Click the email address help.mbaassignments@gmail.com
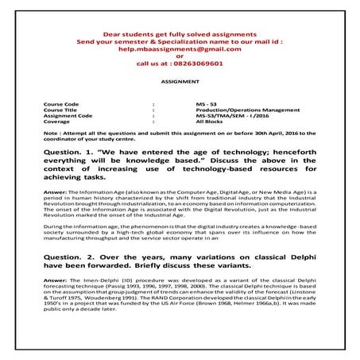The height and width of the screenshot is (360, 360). pos(180,48)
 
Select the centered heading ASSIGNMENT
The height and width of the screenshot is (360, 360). pos(180,81)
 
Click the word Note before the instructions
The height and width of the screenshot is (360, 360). pos(51,133)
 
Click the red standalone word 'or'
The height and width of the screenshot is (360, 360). pos(180,56)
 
